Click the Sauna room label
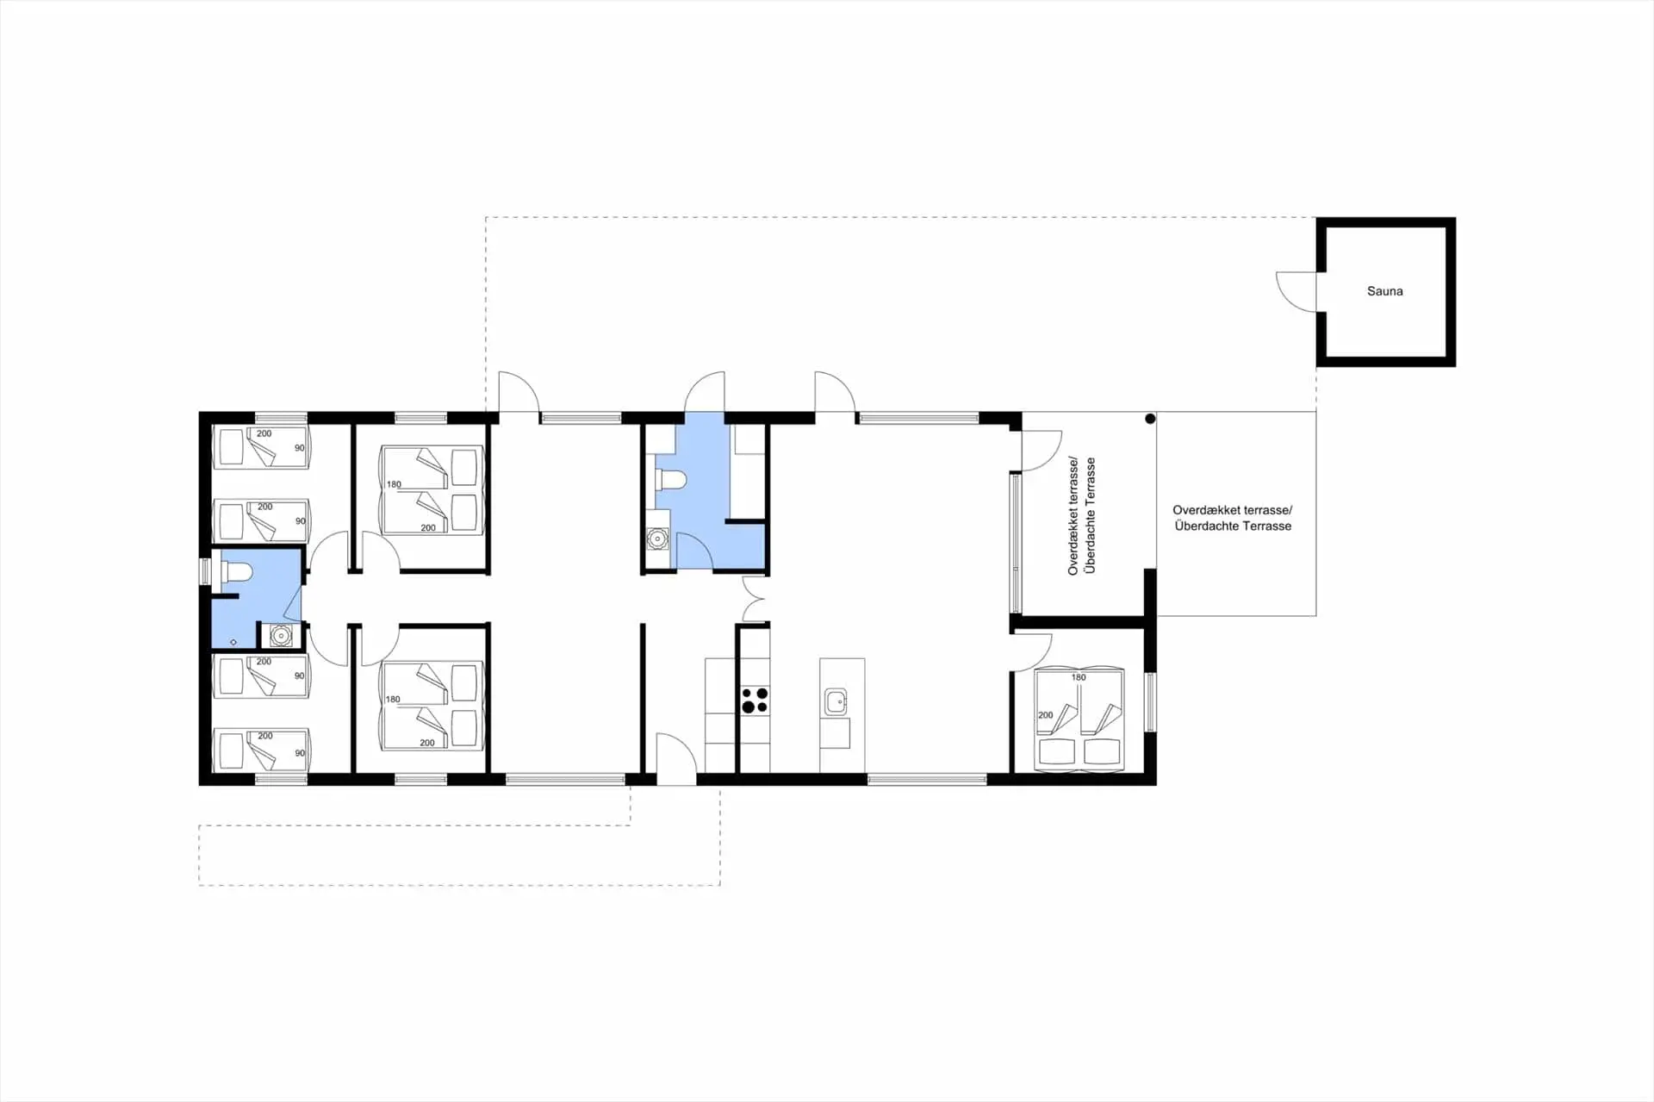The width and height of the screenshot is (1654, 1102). click(1384, 291)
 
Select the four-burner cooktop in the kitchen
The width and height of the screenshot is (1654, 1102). click(755, 700)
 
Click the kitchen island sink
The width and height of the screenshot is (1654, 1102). click(836, 701)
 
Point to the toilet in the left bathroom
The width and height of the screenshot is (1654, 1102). click(236, 571)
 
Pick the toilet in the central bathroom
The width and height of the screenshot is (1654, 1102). click(670, 479)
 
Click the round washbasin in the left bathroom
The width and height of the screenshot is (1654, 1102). click(281, 636)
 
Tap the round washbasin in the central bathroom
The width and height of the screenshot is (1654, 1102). click(658, 539)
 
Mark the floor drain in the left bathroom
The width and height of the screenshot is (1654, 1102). click(233, 642)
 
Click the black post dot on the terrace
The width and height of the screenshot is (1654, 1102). click(1150, 419)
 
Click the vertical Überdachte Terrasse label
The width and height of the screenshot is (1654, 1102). click(1091, 515)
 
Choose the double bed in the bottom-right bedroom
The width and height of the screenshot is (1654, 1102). click(1079, 719)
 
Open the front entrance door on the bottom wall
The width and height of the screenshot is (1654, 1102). click(676, 759)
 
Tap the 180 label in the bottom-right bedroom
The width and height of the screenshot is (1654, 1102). click(1079, 677)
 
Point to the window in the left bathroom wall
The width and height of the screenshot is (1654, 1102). click(205, 571)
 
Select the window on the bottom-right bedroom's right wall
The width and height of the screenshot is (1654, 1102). click(1150, 702)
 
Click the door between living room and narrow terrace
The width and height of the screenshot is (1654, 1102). click(1042, 451)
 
